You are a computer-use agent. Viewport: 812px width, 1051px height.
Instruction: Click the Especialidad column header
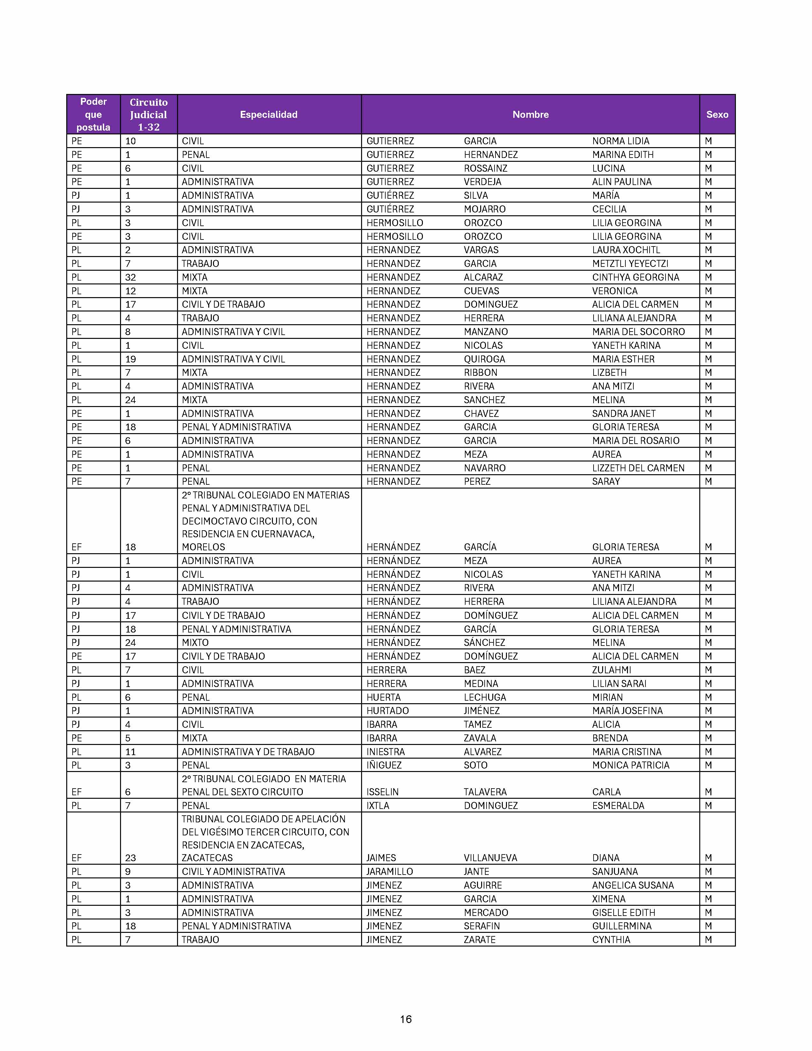[268, 115]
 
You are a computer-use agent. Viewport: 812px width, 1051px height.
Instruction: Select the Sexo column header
[717, 115]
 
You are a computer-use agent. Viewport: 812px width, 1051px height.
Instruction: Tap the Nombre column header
[530, 115]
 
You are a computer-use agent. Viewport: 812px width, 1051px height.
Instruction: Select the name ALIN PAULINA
[622, 182]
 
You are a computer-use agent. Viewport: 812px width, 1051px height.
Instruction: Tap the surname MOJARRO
[484, 209]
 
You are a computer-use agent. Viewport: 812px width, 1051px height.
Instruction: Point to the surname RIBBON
[481, 373]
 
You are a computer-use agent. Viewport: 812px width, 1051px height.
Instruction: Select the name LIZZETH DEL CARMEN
[638, 468]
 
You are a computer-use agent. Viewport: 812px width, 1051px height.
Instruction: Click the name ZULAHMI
[611, 670]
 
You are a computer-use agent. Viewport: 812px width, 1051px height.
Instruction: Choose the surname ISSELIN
[382, 792]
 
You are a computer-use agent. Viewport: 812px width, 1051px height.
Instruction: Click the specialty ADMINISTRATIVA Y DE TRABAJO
[248, 752]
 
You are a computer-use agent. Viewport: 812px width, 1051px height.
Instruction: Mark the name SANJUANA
[615, 871]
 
